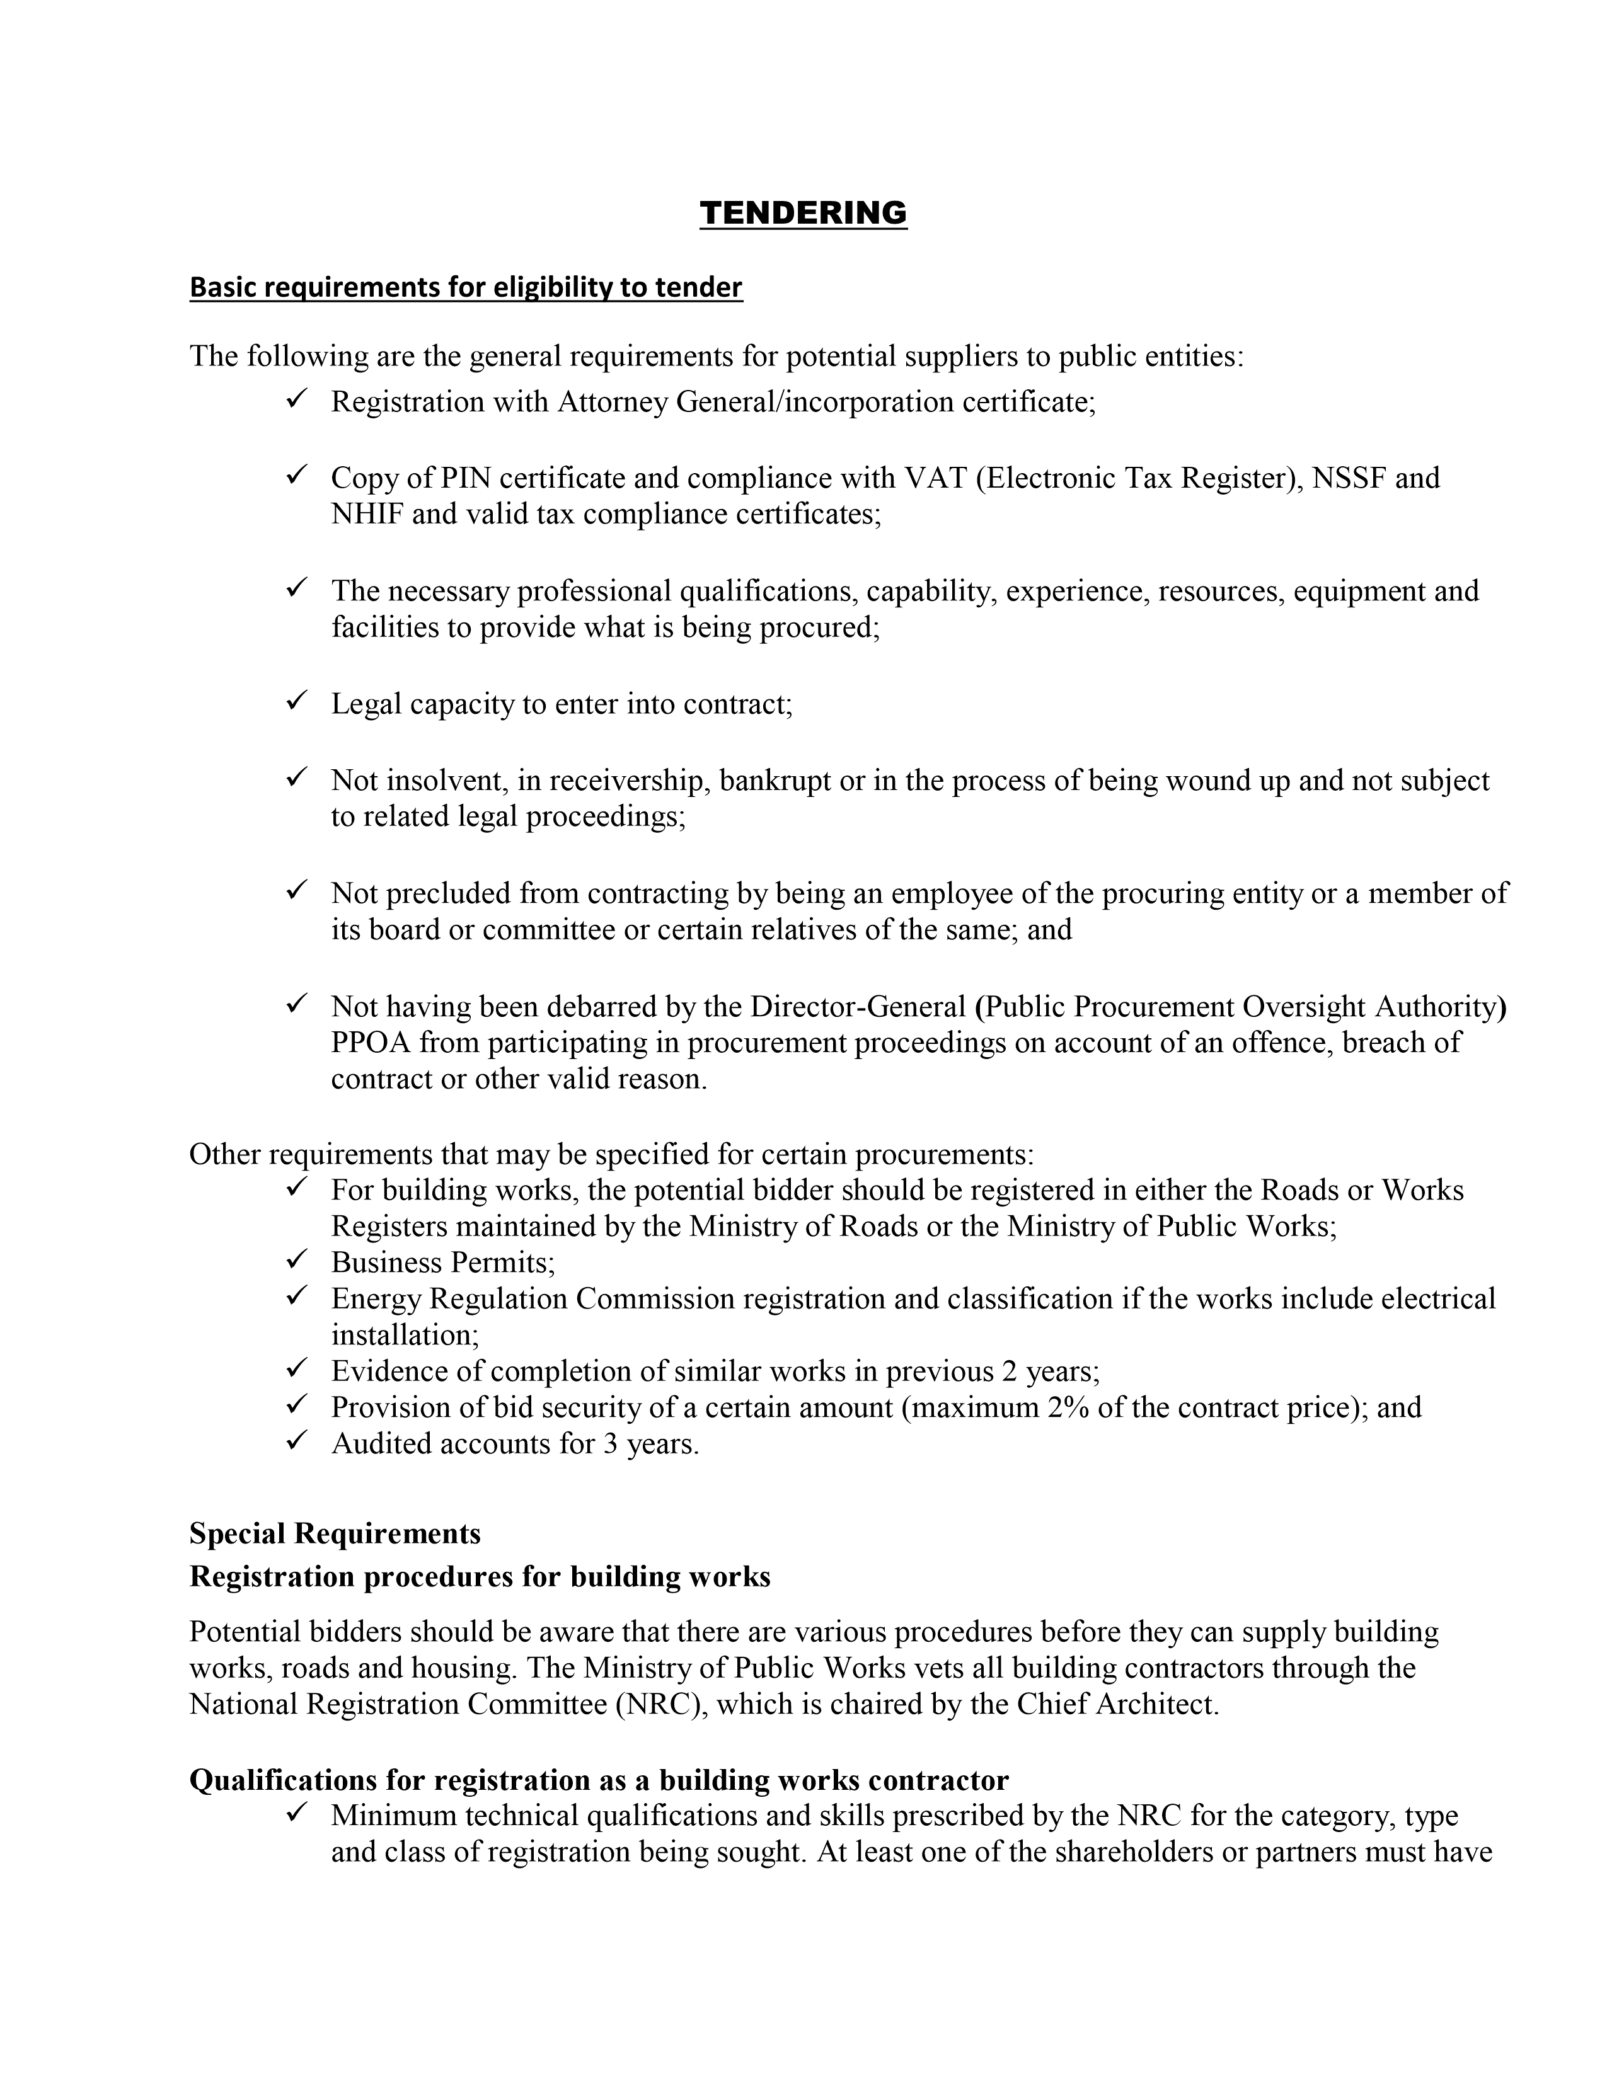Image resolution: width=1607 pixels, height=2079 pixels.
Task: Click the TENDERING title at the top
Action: [x=802, y=212]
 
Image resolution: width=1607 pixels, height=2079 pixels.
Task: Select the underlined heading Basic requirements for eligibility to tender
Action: [x=466, y=287]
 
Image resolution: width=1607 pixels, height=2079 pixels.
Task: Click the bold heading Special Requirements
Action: [x=335, y=1533]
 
